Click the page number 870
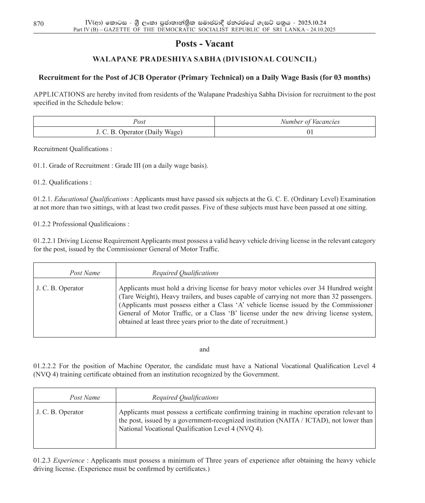click(38, 24)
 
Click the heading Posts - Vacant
click(204, 44)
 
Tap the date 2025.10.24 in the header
click(312, 23)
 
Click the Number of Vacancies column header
click(310, 122)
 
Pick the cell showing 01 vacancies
click(310, 132)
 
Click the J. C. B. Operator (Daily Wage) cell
click(139, 132)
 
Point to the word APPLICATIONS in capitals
click(59, 94)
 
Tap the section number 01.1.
click(40, 166)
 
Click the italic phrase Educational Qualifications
click(92, 199)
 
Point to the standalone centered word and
click(204, 350)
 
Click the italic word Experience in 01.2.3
click(69, 461)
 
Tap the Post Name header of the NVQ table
click(85, 398)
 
